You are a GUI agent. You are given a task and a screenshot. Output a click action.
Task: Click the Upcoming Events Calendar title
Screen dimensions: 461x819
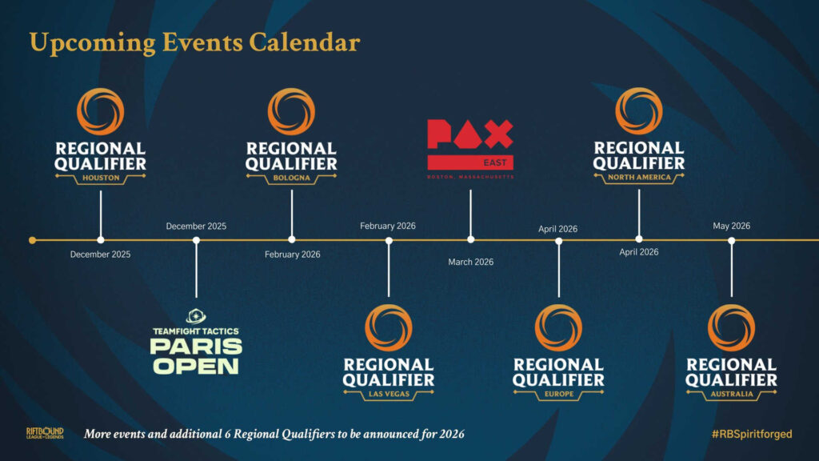pos(194,42)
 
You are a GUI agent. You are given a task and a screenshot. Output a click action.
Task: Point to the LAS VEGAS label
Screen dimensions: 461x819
pos(389,394)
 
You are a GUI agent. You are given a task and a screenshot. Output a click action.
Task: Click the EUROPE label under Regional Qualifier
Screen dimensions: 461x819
pos(558,394)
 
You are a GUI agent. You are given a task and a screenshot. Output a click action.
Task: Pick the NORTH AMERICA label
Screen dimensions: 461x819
pos(639,178)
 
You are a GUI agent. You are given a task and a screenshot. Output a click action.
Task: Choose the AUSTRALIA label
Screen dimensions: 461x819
pos(731,394)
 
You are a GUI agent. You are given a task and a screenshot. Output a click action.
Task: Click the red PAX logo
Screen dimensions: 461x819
pos(469,135)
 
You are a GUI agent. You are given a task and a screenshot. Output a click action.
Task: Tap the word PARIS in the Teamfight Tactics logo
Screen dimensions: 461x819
pos(196,347)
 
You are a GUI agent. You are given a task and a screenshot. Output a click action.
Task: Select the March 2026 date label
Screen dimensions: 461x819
pos(470,262)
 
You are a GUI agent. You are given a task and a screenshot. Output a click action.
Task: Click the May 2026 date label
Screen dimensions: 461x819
pos(731,226)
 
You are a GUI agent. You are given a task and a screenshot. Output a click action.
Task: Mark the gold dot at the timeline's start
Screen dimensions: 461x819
pos(32,239)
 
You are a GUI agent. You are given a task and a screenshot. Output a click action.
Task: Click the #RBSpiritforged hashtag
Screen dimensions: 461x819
pos(751,434)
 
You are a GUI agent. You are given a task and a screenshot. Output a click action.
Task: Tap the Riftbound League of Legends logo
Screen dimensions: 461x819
pos(44,434)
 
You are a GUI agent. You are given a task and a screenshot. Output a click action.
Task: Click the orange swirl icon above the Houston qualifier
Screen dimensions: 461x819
pos(100,111)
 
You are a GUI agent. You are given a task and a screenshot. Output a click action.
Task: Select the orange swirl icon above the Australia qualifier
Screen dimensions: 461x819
pos(731,327)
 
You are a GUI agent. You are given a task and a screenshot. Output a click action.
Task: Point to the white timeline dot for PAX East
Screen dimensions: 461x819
pos(470,239)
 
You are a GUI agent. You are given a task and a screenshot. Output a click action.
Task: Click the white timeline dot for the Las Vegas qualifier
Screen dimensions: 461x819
pos(389,239)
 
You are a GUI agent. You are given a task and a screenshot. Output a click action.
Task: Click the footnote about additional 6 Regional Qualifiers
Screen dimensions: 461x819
pos(274,434)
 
